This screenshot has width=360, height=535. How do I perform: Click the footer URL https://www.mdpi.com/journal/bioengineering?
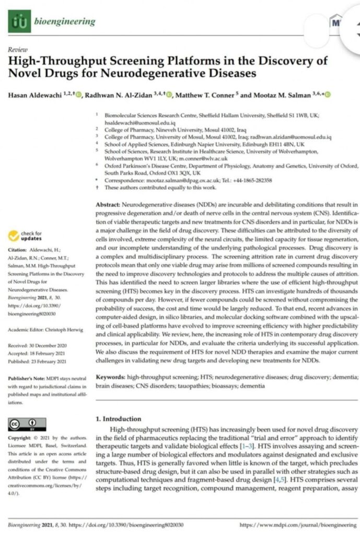point(298,524)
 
